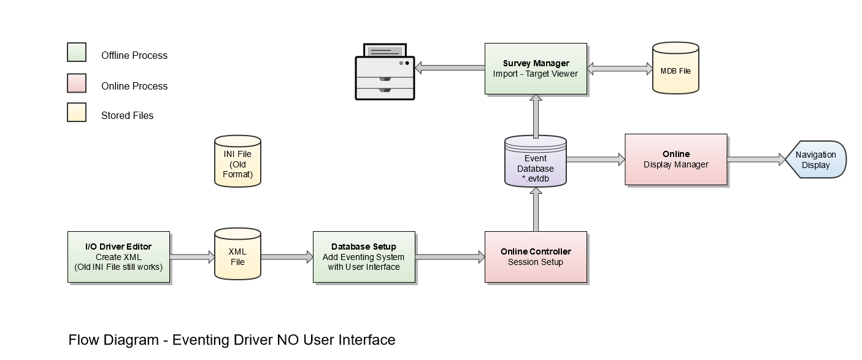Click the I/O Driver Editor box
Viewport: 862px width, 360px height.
(x=118, y=257)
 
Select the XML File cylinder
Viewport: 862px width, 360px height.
(x=237, y=257)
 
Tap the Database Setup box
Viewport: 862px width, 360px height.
(x=364, y=257)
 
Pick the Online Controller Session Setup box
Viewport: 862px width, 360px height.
(x=536, y=257)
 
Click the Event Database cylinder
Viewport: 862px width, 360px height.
(x=535, y=161)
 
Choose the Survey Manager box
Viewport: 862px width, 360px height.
(x=536, y=68)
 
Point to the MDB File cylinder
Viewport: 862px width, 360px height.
(x=675, y=69)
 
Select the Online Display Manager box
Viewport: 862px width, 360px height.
(x=675, y=159)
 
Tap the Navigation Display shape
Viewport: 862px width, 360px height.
(x=815, y=159)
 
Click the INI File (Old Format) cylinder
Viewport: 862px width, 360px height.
(x=237, y=161)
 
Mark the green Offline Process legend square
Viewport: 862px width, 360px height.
(x=77, y=53)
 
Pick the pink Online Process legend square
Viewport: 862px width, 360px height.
(x=77, y=83)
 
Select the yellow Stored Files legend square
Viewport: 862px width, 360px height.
(x=77, y=113)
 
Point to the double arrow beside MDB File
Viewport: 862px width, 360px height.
(x=620, y=68)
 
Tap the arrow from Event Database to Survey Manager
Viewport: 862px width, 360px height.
(x=536, y=116)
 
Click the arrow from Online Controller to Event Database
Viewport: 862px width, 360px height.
(x=536, y=209)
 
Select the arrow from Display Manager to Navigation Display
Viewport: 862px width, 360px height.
(x=756, y=159)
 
